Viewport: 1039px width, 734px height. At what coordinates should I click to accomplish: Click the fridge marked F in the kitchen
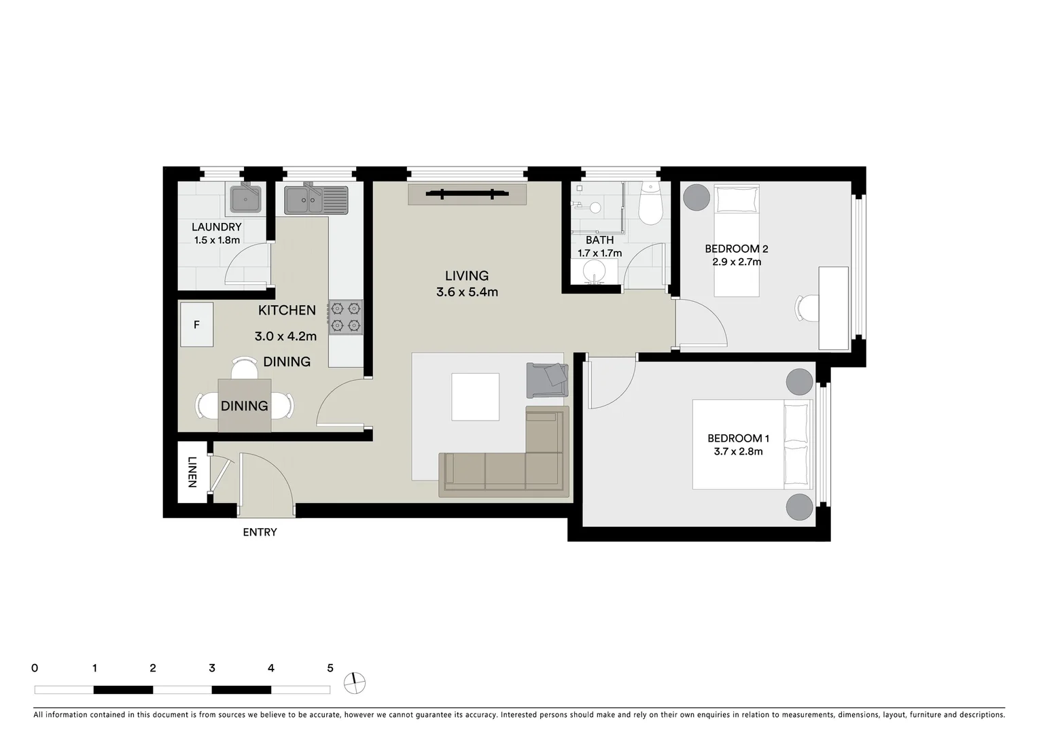tap(196, 325)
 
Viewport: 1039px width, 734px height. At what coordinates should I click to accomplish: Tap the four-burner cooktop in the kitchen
tap(345, 317)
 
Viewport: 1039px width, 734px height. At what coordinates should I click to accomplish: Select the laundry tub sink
tap(245, 199)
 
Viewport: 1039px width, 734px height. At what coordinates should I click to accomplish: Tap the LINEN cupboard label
tap(192, 472)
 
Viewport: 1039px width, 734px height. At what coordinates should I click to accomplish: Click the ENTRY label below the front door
tap(260, 532)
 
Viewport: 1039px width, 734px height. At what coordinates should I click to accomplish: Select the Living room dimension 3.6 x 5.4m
tap(467, 292)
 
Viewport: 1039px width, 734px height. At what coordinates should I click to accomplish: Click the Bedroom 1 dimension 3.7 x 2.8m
tap(738, 451)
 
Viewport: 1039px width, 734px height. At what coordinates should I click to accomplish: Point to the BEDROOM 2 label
tap(736, 249)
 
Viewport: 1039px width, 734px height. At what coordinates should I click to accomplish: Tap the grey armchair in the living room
tap(547, 379)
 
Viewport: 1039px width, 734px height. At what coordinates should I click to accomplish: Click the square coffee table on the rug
tap(475, 397)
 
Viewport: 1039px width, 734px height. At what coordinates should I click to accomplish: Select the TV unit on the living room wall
tap(467, 194)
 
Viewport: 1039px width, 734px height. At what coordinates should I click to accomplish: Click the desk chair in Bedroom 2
tap(808, 308)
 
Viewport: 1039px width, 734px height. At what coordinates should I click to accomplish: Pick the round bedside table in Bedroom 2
tap(696, 198)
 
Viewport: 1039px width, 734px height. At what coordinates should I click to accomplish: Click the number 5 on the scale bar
tap(330, 668)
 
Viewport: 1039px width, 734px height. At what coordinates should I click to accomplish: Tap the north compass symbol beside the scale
tap(354, 683)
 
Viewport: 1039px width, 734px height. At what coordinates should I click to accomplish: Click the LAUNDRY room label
tap(216, 227)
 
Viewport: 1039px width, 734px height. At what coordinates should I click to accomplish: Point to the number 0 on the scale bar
tap(35, 668)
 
